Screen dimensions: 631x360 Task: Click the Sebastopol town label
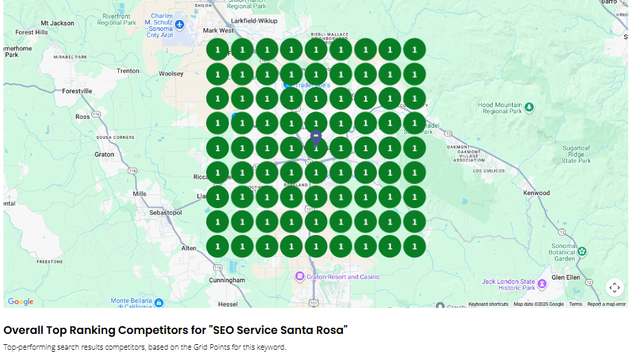(x=166, y=213)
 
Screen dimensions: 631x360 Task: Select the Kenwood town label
(x=536, y=193)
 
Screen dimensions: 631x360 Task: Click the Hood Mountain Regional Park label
(x=500, y=108)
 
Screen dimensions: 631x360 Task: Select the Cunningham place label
(x=227, y=280)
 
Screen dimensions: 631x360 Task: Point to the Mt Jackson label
(x=57, y=23)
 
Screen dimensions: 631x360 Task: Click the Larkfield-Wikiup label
(x=255, y=21)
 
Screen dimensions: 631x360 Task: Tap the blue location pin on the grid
(x=315, y=139)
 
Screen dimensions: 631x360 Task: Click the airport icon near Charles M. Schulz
(x=180, y=25)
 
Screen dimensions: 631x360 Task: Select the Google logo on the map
(x=21, y=302)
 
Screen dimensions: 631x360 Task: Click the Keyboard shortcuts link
(x=488, y=304)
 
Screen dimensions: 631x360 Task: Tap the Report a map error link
(x=606, y=304)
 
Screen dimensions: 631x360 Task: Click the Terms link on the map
(x=575, y=304)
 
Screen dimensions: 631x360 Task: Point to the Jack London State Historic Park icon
(x=542, y=284)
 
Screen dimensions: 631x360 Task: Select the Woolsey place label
(x=171, y=74)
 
